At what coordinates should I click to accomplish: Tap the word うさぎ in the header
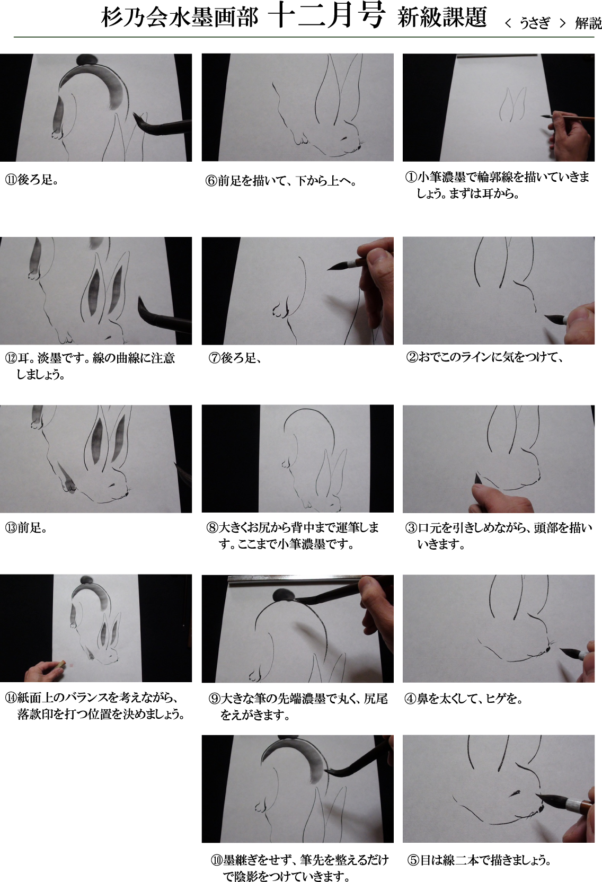534,23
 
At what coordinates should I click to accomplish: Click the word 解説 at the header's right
588,23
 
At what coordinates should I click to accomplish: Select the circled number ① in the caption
411,177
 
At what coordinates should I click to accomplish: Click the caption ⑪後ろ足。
31,180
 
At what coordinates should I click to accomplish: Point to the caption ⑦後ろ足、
235,358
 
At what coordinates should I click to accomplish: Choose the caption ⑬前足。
26,527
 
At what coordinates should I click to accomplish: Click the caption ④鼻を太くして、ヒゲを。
463,699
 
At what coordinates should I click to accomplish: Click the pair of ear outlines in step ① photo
512,104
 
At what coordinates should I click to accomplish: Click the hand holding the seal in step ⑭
44,670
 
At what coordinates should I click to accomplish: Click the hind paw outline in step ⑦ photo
280,310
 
